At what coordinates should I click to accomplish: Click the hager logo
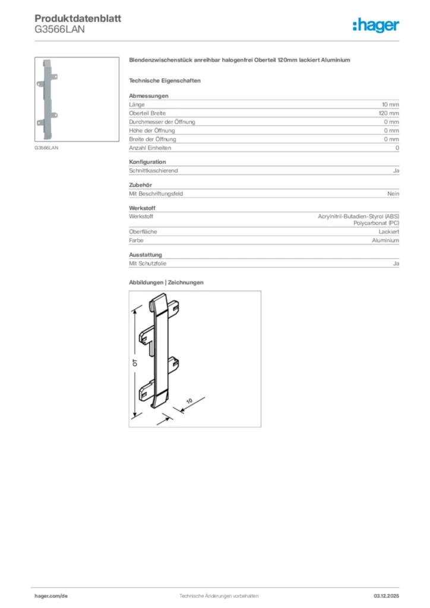375,25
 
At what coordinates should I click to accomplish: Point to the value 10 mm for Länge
390,104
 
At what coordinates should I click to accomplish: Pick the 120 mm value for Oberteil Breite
389,113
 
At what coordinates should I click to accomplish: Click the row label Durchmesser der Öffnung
162,122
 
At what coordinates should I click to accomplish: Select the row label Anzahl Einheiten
150,148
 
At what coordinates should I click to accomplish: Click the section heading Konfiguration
147,161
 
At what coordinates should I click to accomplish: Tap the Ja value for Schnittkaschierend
396,170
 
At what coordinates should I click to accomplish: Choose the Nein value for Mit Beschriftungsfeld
393,194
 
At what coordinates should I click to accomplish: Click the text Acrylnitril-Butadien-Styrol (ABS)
359,217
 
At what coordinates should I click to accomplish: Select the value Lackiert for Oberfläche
389,232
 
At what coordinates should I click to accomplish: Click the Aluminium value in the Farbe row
385,240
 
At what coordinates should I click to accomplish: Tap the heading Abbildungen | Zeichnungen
166,283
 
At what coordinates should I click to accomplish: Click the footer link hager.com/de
51,596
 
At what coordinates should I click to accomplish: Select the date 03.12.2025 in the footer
386,596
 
